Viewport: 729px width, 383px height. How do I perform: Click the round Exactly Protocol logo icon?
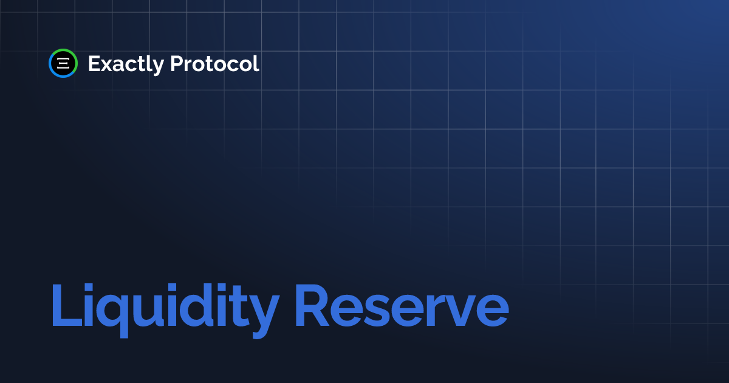[63, 63]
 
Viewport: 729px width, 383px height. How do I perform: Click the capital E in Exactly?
[94, 63]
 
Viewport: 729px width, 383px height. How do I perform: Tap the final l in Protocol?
[256, 63]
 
